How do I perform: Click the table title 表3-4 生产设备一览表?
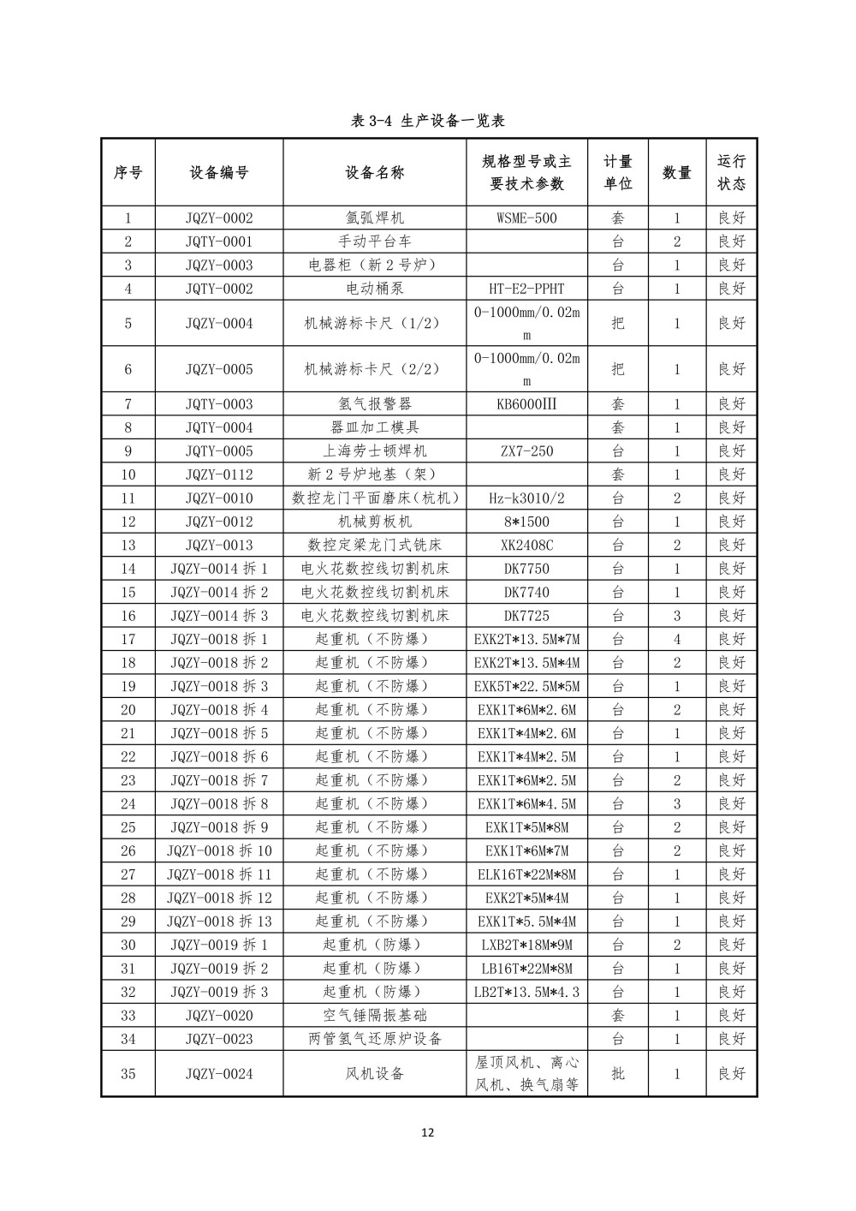click(x=428, y=121)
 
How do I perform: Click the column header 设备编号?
click(x=219, y=172)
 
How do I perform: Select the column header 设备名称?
click(x=374, y=172)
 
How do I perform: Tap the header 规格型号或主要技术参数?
click(x=526, y=172)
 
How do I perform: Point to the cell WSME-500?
click(x=526, y=218)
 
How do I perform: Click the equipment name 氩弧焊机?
click(x=374, y=218)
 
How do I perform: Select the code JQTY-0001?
click(x=219, y=242)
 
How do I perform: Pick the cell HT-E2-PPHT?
click(x=526, y=289)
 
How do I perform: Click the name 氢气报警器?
click(x=374, y=404)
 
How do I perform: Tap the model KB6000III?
click(x=526, y=404)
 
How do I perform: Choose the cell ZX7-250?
click(x=526, y=451)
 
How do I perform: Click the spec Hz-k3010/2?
click(x=526, y=498)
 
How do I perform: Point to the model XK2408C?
click(x=526, y=546)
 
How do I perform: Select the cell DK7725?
click(x=526, y=616)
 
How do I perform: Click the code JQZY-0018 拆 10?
click(x=219, y=850)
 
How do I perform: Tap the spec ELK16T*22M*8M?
click(x=526, y=874)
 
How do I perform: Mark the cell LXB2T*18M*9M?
click(x=526, y=945)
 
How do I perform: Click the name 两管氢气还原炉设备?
click(x=374, y=1039)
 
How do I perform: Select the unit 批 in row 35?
click(x=617, y=1074)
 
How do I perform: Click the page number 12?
click(x=428, y=1132)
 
